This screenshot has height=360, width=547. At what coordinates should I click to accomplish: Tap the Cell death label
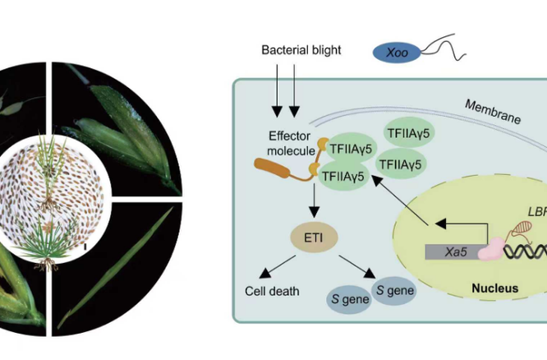[272, 291]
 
